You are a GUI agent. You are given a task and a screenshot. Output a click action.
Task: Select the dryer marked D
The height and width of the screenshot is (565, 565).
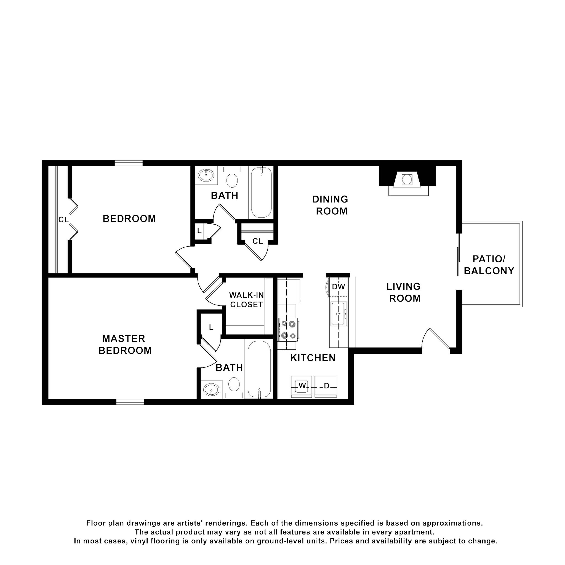coord(326,386)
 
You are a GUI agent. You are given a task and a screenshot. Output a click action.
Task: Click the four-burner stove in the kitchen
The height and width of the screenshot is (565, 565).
coord(288,330)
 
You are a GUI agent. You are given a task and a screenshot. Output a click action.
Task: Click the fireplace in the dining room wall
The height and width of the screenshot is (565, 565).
coord(407,180)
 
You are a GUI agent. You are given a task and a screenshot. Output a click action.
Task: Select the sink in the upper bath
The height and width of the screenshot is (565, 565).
coord(206,175)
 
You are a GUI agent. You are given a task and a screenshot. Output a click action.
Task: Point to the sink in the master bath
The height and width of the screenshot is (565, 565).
coord(211,390)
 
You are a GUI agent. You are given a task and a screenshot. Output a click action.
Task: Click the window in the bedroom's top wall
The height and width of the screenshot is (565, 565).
coord(128,163)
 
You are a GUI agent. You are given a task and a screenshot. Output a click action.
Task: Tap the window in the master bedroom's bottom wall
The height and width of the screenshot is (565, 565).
coord(130,402)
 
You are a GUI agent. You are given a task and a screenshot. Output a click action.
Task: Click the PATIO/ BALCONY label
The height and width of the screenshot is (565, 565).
coord(489,265)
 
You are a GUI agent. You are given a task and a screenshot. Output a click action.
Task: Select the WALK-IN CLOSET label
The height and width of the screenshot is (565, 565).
coord(246,300)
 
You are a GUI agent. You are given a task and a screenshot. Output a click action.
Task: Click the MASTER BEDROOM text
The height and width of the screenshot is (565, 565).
coord(125,345)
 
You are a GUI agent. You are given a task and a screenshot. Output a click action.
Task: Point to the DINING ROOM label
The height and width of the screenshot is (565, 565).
coord(331,205)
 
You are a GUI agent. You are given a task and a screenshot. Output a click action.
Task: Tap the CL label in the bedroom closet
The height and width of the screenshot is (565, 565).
coord(63,220)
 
